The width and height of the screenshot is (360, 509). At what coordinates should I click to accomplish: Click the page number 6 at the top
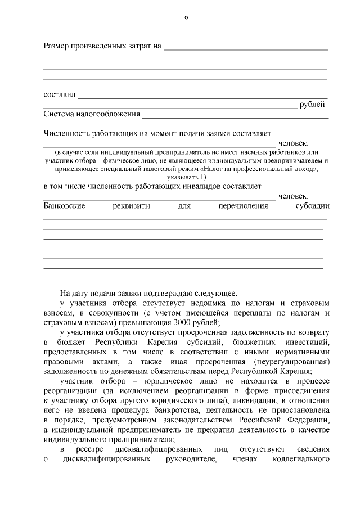point(186,18)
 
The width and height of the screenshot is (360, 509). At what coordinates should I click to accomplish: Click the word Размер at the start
point(58,45)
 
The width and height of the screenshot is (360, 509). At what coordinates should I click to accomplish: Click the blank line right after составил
point(202,96)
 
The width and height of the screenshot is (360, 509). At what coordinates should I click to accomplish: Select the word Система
point(61,114)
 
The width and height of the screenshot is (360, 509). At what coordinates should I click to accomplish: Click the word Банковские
point(64,206)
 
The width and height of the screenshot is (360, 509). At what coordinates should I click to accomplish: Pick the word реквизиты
point(131,206)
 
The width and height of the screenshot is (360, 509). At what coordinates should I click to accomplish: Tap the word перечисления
point(244,206)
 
